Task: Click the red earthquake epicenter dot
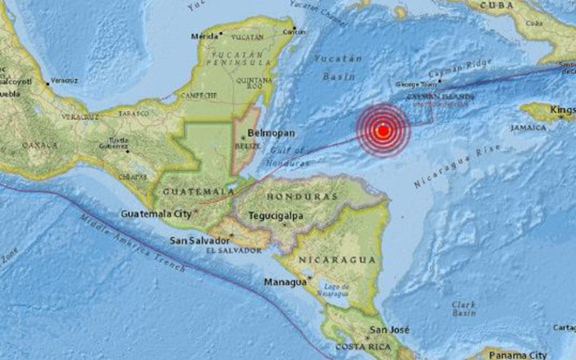(x=383, y=130)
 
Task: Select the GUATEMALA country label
(x=189, y=190)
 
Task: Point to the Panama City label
(x=517, y=354)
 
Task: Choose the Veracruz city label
(x=64, y=80)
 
